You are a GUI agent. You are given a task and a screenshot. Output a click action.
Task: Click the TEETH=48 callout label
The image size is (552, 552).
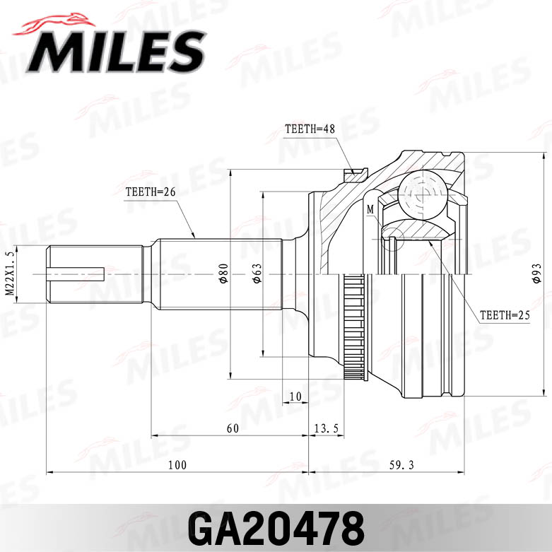tap(309, 129)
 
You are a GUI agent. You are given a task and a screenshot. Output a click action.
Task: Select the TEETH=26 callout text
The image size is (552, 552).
tap(149, 192)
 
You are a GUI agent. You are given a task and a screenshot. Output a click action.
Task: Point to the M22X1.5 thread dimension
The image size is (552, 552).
tap(9, 274)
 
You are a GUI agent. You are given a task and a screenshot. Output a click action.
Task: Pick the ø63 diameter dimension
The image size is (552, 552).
tap(257, 274)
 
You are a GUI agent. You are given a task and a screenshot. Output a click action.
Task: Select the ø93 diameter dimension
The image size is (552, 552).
tap(536, 274)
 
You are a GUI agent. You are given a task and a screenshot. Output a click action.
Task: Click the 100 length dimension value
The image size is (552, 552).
tap(177, 464)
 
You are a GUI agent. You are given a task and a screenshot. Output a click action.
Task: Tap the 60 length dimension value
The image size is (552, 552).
tap(233, 428)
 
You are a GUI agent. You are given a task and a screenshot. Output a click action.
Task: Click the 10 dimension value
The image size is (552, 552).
tap(295, 395)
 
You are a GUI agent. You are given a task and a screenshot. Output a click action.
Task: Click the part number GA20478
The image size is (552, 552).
tap(276, 527)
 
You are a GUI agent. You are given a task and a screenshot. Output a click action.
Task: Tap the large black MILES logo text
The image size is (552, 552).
tap(117, 52)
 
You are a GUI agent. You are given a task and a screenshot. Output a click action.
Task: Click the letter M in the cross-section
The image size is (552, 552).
tap(370, 209)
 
